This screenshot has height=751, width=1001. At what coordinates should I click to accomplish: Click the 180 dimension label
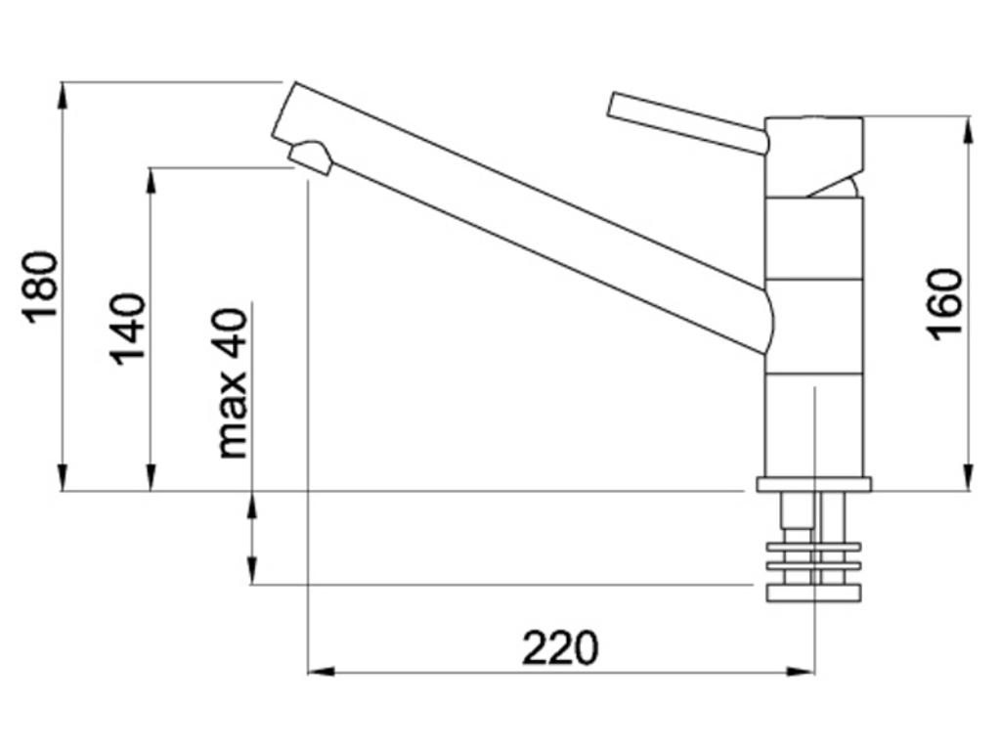(x=41, y=287)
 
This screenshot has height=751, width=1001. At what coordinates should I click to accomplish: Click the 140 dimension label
(x=128, y=329)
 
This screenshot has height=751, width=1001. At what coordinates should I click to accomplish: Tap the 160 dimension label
(x=944, y=303)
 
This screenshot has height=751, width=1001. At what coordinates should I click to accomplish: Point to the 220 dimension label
(x=559, y=647)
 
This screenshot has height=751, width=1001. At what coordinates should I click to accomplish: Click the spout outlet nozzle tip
(x=311, y=157)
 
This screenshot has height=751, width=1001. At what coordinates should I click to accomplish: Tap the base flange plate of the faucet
(x=813, y=484)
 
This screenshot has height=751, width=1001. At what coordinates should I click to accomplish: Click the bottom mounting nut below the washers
(x=813, y=593)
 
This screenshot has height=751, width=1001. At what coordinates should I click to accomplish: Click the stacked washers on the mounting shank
(x=813, y=556)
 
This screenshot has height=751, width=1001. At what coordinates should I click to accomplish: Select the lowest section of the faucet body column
(x=813, y=425)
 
